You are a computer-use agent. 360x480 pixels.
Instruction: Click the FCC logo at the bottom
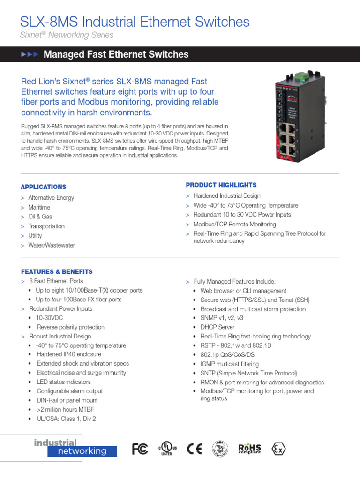tap(140, 449)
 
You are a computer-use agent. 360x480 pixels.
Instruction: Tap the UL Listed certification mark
tap(167, 449)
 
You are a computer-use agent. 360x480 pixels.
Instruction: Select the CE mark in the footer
tap(195, 449)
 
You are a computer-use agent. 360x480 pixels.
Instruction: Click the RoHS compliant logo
tap(249, 449)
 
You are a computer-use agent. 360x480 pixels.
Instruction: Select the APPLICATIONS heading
tap(44, 187)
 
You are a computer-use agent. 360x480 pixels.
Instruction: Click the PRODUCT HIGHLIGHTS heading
tap(221, 185)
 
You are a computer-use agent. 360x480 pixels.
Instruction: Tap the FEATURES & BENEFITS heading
tap(57, 271)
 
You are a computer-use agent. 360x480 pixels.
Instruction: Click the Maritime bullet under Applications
tap(39, 207)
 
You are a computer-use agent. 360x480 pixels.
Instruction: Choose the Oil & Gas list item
tap(40, 217)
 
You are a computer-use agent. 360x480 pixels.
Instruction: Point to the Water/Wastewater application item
tap(52, 245)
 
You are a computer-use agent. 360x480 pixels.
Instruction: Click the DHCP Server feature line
tap(217, 327)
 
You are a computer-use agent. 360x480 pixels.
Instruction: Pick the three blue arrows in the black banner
tap(30, 55)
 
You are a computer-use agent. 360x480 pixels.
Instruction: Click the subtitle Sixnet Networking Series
tap(67, 35)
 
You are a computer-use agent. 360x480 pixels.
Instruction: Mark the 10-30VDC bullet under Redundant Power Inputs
tap(50, 318)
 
